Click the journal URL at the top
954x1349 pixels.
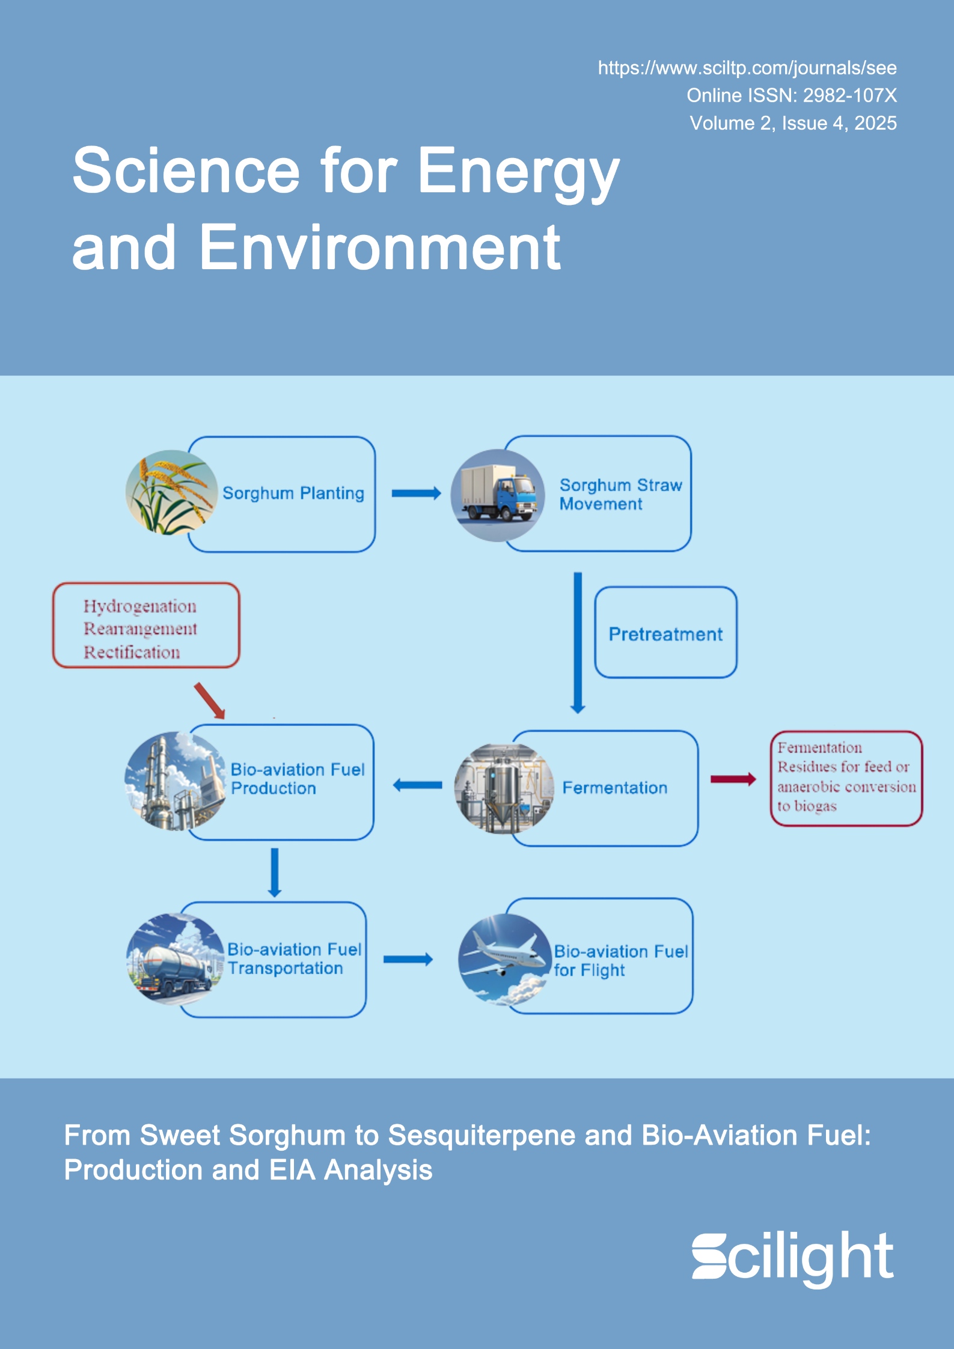[747, 68]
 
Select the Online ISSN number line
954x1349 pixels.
[791, 96]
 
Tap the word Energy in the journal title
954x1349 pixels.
[518, 172]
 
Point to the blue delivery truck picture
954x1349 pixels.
[498, 495]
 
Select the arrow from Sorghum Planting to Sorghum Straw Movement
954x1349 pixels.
[416, 493]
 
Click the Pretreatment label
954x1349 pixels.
[665, 634]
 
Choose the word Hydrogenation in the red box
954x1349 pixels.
[140, 606]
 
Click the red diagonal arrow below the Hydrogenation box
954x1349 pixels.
[209, 700]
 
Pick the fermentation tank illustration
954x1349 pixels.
[504, 788]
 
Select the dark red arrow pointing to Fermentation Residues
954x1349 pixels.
[733, 779]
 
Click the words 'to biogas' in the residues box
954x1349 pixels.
[807, 806]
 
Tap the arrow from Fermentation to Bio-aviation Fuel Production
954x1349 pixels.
[417, 785]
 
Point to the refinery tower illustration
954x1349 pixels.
[175, 781]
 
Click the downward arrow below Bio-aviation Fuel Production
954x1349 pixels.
[275, 872]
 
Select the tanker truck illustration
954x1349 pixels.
[175, 959]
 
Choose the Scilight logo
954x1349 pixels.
[792, 1257]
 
